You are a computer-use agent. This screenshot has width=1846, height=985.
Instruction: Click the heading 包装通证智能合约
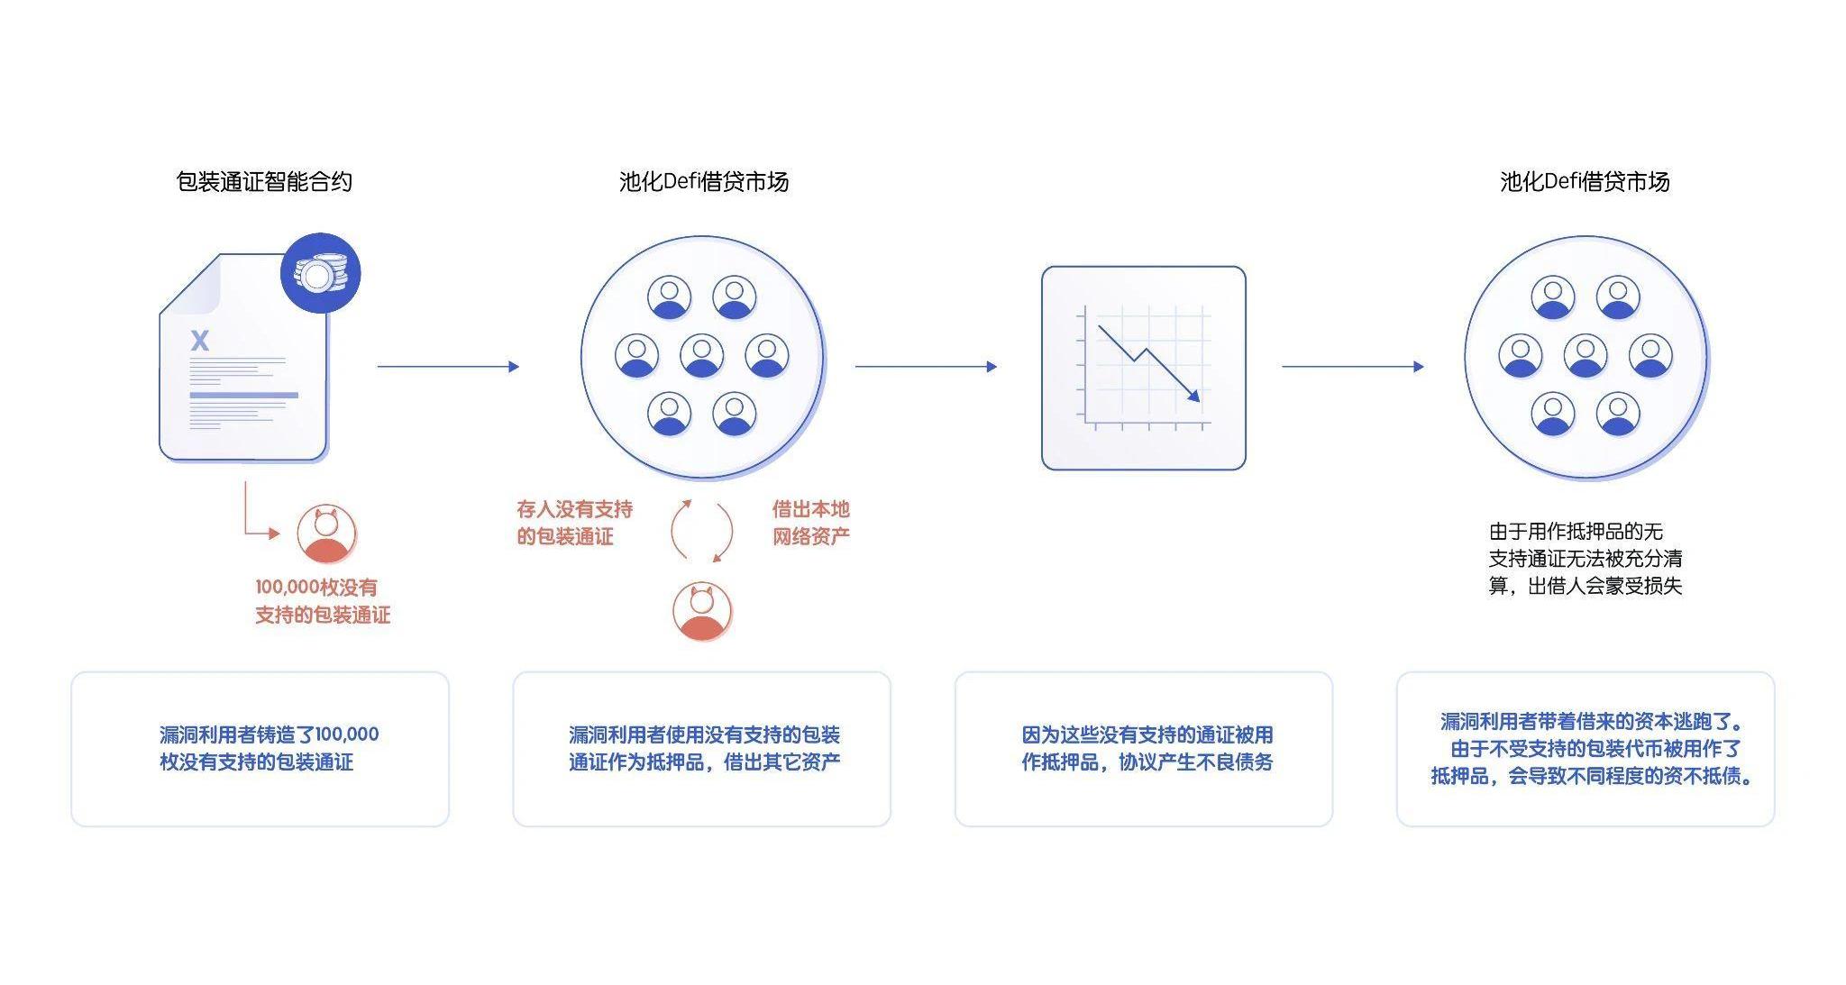(x=264, y=182)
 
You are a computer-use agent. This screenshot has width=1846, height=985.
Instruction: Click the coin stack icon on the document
(x=321, y=273)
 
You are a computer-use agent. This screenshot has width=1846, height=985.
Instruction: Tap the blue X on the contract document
(x=200, y=341)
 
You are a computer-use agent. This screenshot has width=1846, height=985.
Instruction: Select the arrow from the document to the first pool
(x=448, y=367)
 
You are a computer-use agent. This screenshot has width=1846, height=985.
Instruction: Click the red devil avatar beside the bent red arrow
(x=326, y=534)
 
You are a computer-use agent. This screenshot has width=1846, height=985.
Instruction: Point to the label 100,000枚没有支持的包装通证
(x=322, y=601)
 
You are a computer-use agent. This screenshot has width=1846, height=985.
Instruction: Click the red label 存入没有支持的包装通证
(x=574, y=523)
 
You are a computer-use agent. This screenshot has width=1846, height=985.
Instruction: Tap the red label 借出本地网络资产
(x=810, y=523)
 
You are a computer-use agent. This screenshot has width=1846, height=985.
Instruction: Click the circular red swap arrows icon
(x=701, y=531)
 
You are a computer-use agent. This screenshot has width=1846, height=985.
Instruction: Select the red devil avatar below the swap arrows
(x=702, y=612)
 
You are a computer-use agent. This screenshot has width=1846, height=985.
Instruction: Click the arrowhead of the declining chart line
(x=1193, y=395)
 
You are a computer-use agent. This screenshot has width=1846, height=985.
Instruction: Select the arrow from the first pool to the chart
(x=926, y=367)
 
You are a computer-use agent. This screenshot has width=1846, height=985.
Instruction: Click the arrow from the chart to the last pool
(x=1353, y=367)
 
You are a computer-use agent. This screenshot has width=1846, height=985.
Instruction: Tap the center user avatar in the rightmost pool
(x=1586, y=355)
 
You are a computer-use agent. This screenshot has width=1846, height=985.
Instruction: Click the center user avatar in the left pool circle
(x=702, y=355)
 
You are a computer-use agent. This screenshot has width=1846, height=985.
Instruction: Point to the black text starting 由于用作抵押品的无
(x=1585, y=559)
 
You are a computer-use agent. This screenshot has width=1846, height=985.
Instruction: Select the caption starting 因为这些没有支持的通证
(x=1147, y=748)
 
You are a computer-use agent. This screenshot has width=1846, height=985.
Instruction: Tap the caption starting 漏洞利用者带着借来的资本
(x=1592, y=748)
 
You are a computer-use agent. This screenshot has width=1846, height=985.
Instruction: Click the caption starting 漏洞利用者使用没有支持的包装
(x=704, y=748)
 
